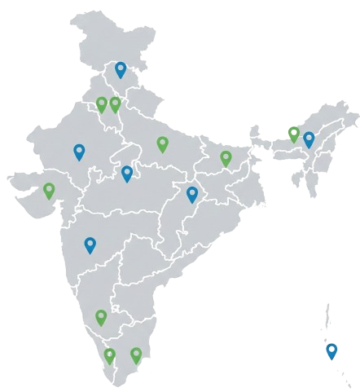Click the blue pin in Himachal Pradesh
click(x=121, y=69)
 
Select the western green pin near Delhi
click(x=101, y=104)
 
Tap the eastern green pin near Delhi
click(x=115, y=104)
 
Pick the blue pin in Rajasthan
click(x=79, y=151)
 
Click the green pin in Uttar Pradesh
click(x=162, y=143)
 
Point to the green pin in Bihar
click(x=226, y=157)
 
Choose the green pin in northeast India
click(x=294, y=133)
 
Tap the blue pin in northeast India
click(x=309, y=139)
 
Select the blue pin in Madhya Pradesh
click(x=127, y=173)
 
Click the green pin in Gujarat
click(x=49, y=191)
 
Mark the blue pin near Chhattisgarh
click(x=192, y=194)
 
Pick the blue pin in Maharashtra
click(x=90, y=244)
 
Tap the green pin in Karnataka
click(x=101, y=316)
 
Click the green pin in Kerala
click(x=109, y=355)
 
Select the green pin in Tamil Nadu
click(x=136, y=355)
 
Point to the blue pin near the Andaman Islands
click(x=331, y=351)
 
